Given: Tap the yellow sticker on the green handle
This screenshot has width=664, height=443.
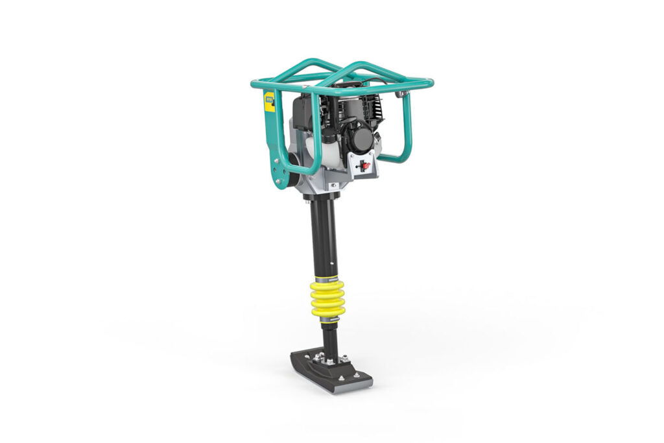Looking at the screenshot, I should [269, 102].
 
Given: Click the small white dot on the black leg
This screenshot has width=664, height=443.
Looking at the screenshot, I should [333, 263].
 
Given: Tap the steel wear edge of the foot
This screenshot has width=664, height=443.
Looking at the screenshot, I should [350, 387].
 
